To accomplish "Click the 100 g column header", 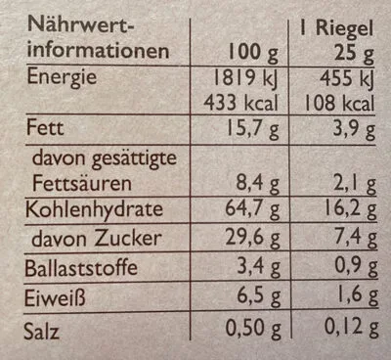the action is click(x=253, y=53).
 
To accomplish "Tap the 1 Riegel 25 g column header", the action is click(x=337, y=41).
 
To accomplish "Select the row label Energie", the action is click(x=62, y=78).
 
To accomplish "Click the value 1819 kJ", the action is click(x=245, y=78).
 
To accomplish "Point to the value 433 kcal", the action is click(x=241, y=103).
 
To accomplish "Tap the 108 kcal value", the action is click(x=339, y=104).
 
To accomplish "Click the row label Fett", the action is click(x=45, y=127).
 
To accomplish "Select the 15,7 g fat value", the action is click(x=253, y=129).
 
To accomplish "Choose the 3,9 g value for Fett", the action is click(x=354, y=129).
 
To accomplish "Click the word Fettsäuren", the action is click(x=82, y=183).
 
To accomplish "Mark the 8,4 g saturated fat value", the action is click(x=258, y=184).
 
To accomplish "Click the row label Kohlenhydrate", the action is click(x=94, y=209).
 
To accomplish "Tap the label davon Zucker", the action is click(x=97, y=239).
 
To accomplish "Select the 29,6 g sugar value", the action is click(x=253, y=239).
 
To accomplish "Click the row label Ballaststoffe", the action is click(x=81, y=268).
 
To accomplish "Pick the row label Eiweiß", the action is click(x=55, y=298).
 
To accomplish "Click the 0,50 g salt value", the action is click(x=253, y=329).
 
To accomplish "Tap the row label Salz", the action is click(x=41, y=332).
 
